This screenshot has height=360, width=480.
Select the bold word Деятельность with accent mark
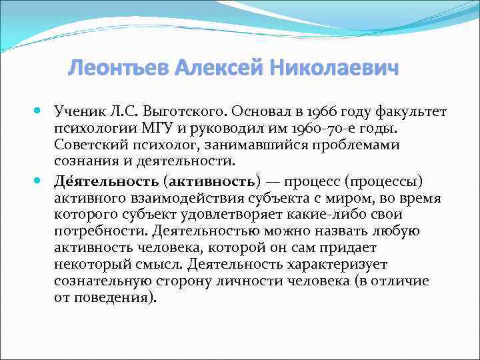coord(106,181)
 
